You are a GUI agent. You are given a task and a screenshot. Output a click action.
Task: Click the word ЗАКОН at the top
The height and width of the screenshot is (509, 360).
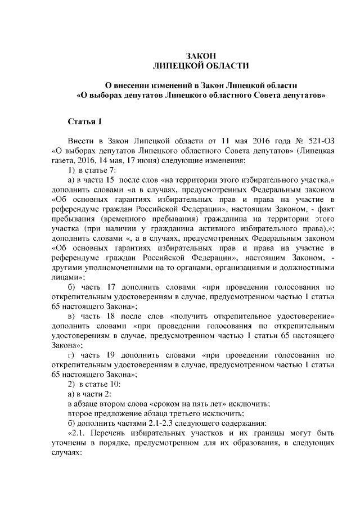pos(201,56)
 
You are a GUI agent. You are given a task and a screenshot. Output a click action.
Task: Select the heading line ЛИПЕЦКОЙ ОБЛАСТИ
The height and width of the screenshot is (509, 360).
pos(201,66)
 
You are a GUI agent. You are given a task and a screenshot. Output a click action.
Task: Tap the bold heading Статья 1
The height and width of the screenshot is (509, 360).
pos(85,121)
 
